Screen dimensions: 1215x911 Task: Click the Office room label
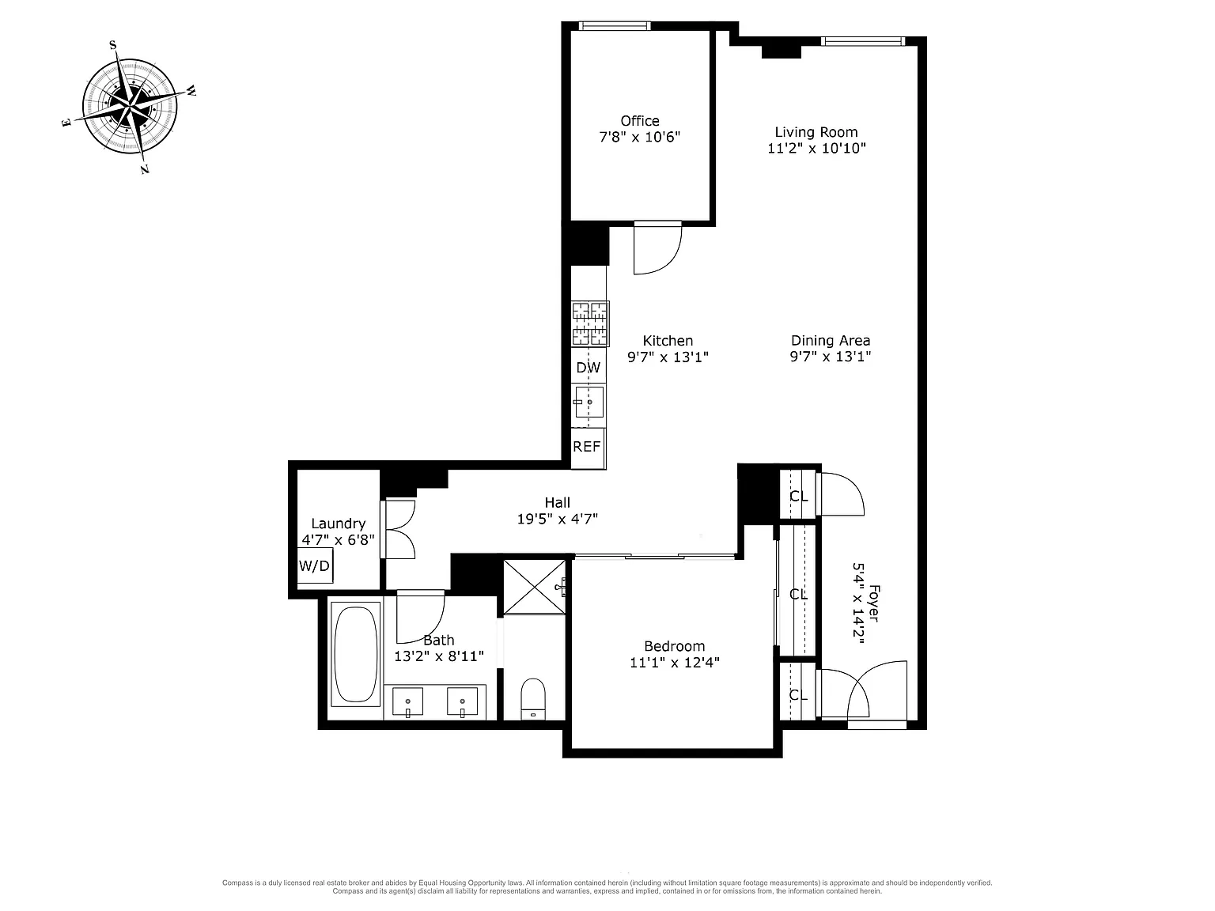639,120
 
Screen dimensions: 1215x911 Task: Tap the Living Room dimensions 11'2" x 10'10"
816,148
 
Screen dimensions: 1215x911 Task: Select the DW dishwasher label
588,367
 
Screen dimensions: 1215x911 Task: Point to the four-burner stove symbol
590,323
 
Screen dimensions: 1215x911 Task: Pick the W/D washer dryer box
315,565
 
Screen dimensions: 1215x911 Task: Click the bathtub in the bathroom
356,654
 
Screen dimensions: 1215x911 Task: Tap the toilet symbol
533,699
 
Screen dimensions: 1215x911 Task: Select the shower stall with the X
535,587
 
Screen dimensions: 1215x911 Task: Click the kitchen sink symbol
589,403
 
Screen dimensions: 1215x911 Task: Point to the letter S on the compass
113,45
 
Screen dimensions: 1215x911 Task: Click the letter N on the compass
145,169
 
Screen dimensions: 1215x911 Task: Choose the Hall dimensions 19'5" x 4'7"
558,519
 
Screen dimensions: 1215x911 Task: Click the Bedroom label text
674,646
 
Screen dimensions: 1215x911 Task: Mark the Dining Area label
831,340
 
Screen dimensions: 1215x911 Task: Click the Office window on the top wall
615,25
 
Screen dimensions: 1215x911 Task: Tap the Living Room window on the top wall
863,41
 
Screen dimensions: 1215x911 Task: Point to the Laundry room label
339,524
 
